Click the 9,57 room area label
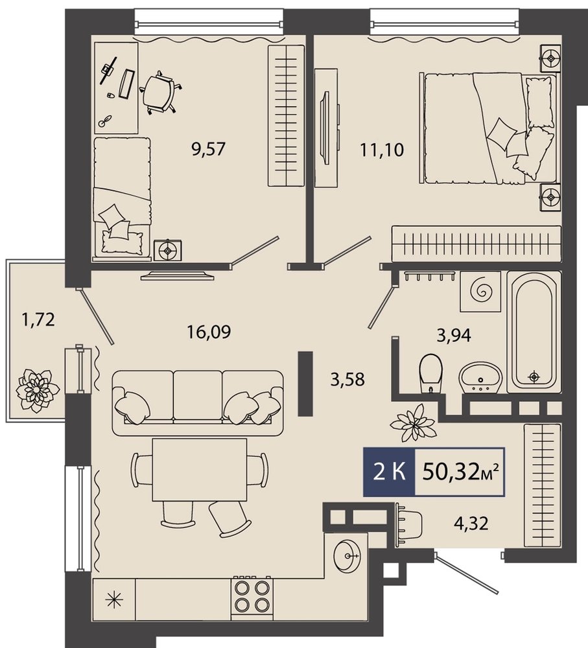(208, 149)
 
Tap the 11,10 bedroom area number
(382, 150)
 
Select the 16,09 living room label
(209, 331)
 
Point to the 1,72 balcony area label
(38, 319)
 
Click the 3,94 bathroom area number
(454, 335)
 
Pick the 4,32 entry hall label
(471, 523)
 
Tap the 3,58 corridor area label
(347, 379)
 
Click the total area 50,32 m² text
(461, 472)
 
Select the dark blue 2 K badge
(389, 472)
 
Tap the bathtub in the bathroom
(534, 329)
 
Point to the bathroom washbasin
(480, 377)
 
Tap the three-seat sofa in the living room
(198, 403)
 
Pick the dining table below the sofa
(199, 470)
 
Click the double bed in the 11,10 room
(488, 128)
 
